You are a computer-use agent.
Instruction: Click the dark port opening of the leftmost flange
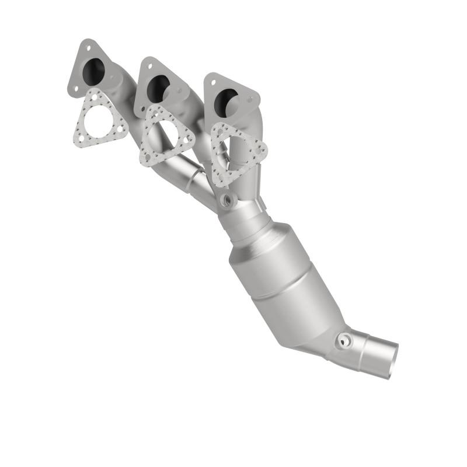pyautogui.click(x=94, y=72)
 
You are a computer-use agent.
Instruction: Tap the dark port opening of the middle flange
pyautogui.click(x=158, y=88)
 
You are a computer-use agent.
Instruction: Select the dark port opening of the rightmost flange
pyautogui.click(x=225, y=103)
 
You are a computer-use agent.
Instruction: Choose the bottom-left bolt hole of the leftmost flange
pyautogui.click(x=74, y=89)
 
